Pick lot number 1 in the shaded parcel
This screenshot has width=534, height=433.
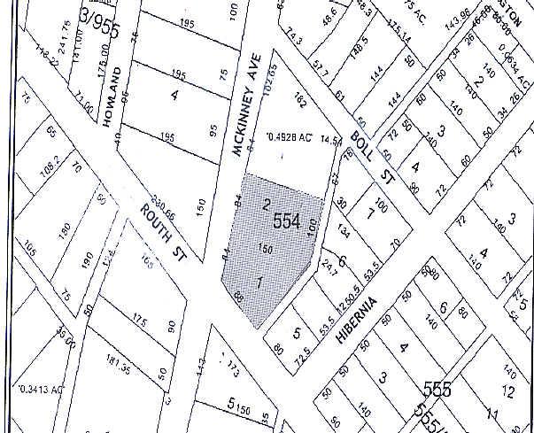pyautogui.click(x=258, y=282)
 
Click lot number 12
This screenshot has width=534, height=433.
pyautogui.click(x=507, y=390)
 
